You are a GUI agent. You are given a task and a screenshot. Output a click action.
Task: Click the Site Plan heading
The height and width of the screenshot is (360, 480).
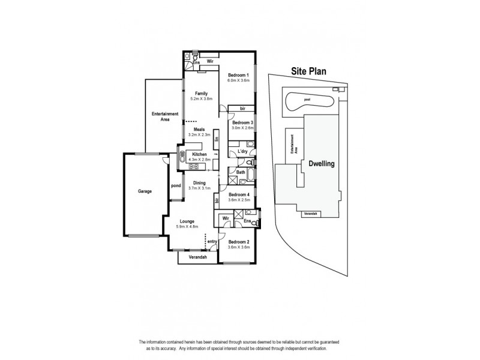[309, 70]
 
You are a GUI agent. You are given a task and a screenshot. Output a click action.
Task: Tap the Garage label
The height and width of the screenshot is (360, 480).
[144, 191]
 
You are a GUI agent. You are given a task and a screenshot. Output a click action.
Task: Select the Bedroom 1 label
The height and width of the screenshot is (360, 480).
[238, 74]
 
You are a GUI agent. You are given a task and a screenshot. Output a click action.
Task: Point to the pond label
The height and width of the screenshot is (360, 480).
[176, 185]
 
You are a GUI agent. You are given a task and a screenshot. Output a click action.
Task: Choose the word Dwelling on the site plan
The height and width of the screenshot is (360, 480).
[321, 163]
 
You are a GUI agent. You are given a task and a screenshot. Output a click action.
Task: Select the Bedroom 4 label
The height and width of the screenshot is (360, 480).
[239, 194]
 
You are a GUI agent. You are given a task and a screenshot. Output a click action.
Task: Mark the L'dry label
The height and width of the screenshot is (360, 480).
[242, 151]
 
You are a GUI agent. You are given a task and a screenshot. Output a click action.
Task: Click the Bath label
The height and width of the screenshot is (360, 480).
[240, 172]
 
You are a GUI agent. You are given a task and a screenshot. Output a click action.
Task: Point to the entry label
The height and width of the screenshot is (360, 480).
[212, 241]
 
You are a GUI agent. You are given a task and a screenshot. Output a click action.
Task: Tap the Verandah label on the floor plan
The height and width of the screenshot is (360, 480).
[197, 257]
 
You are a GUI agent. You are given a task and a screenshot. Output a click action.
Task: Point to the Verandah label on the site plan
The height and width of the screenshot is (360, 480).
[310, 213]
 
